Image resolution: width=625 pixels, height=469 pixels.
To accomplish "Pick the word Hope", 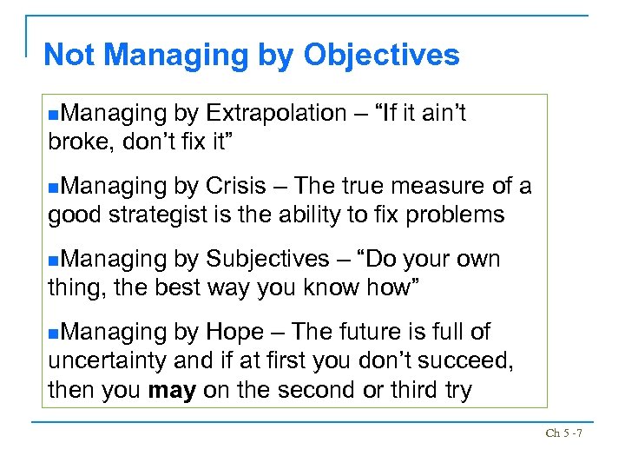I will point(234,332).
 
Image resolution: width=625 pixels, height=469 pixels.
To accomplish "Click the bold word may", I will point(172,391).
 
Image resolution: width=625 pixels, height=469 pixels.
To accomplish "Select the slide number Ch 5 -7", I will point(563,432).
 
